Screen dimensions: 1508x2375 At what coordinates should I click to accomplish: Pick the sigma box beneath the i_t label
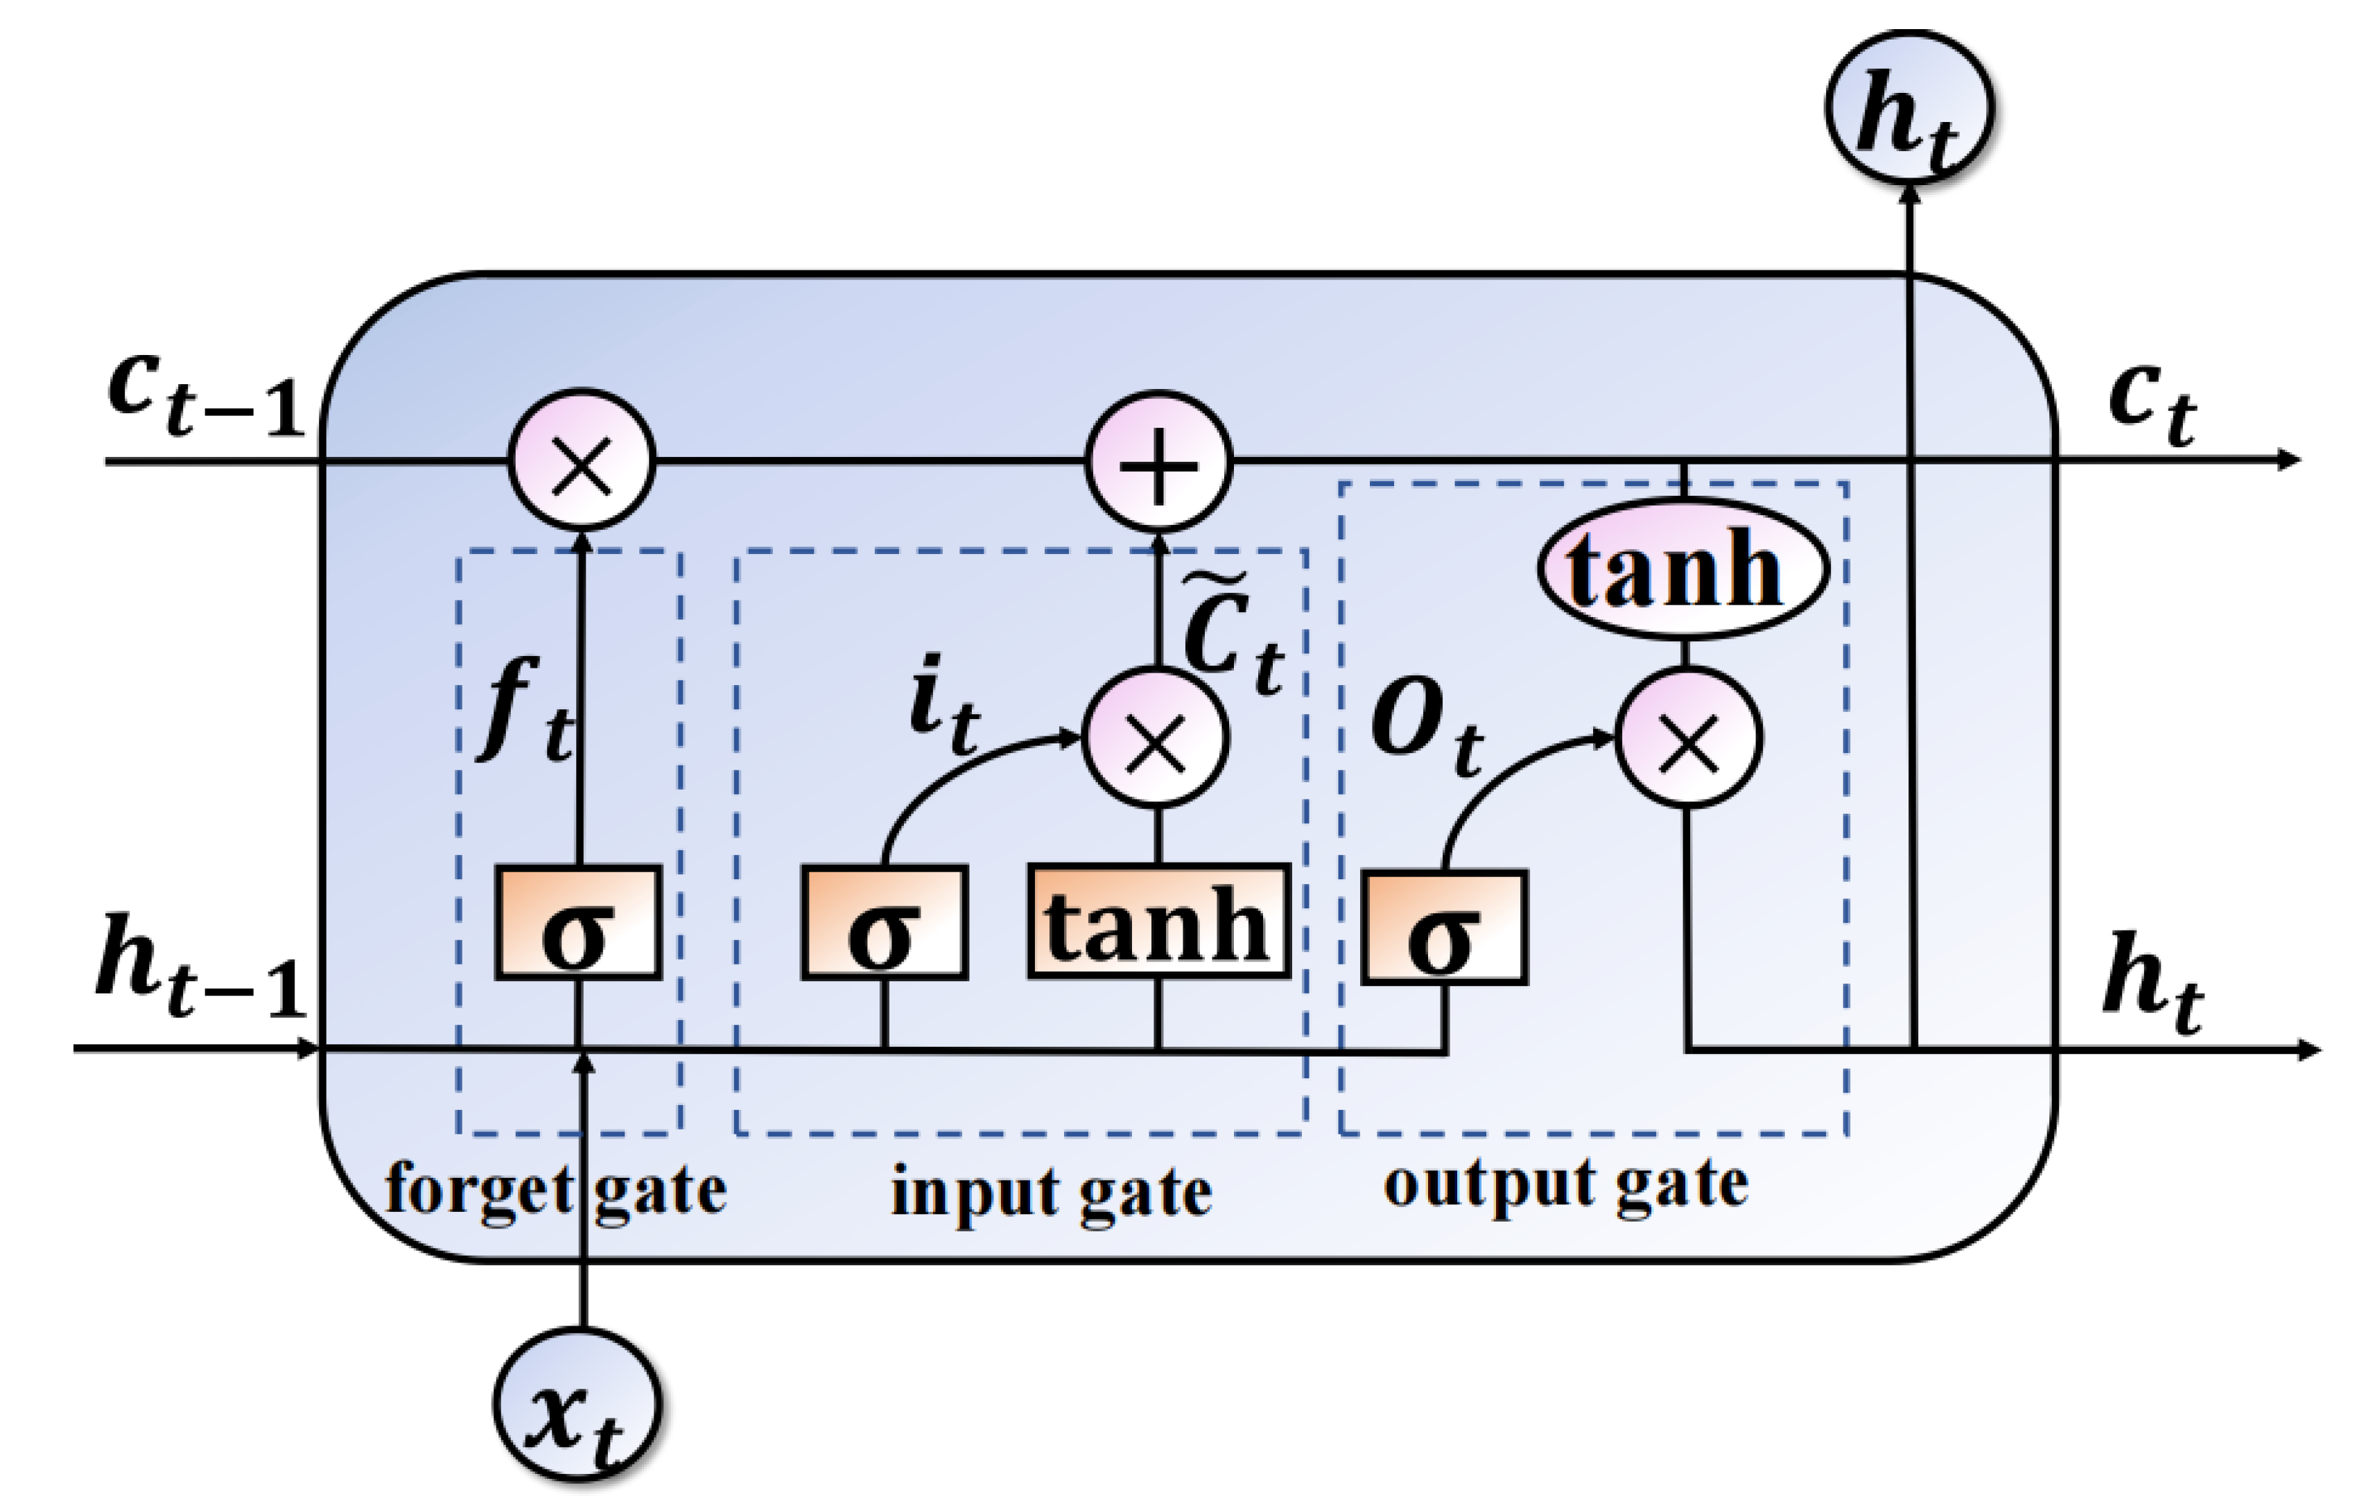(885, 923)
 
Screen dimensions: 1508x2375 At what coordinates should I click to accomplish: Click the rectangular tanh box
(1159, 922)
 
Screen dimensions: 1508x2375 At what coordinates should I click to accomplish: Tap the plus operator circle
(1159, 462)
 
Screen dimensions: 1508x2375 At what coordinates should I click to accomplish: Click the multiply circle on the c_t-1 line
(581, 462)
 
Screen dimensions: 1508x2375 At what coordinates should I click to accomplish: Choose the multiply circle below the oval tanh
(1689, 738)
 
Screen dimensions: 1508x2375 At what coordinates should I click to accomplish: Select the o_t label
(1426, 728)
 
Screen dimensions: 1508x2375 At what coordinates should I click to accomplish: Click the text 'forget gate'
(555, 1190)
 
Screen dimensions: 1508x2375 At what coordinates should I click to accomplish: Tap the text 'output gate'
(1565, 1184)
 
